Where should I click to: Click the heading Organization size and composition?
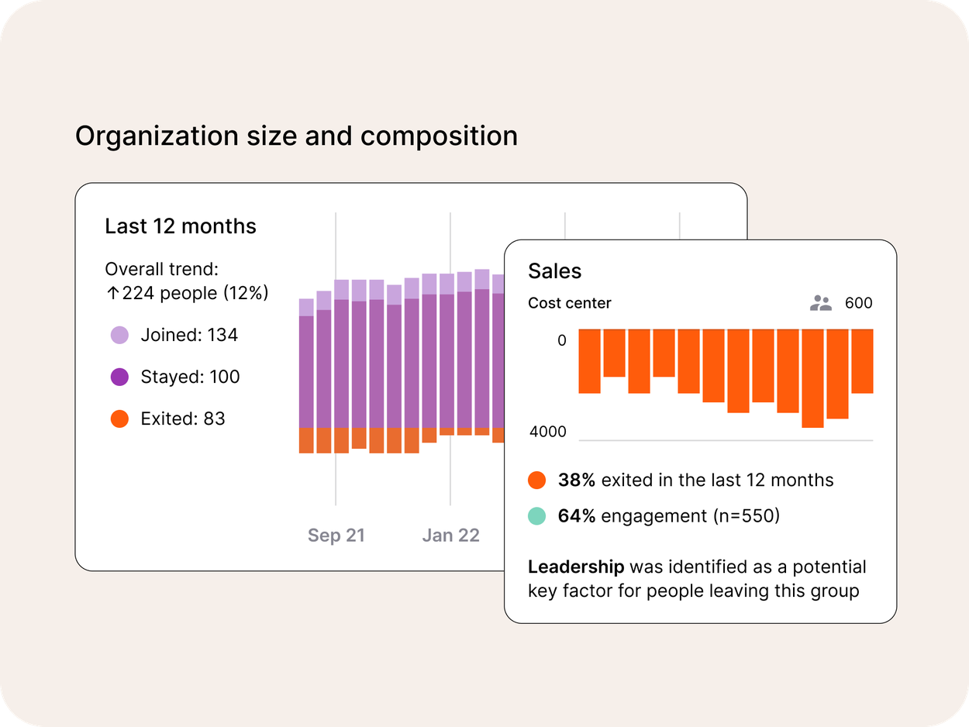[x=296, y=136]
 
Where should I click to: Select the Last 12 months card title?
[x=181, y=226]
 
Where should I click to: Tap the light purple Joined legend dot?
[x=119, y=336]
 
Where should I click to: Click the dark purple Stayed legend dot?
[x=119, y=377]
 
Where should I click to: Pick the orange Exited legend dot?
[x=119, y=419]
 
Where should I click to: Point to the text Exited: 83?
[x=183, y=419]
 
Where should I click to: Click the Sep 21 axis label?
[x=336, y=536]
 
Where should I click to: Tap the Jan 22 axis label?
[x=450, y=536]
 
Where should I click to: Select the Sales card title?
[x=554, y=271]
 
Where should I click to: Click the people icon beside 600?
[x=820, y=303]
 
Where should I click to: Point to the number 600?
[x=858, y=303]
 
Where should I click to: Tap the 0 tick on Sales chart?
[x=562, y=341]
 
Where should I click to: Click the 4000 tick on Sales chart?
[x=548, y=432]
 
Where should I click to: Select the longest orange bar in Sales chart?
[x=812, y=378]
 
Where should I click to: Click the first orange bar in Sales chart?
[x=589, y=361]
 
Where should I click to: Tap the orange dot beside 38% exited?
[x=536, y=481]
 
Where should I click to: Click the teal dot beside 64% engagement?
[x=536, y=516]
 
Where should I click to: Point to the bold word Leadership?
[x=576, y=567]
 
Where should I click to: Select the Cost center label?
[x=570, y=303]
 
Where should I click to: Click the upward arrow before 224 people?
[x=112, y=293]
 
